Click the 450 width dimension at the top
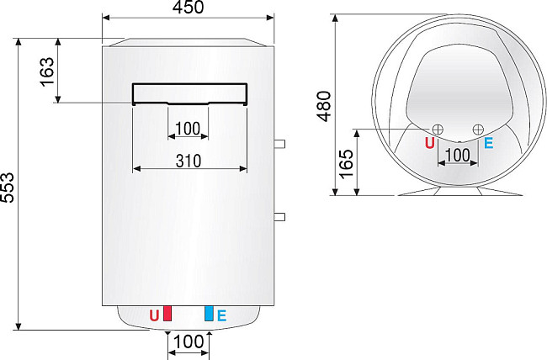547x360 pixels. (189, 8)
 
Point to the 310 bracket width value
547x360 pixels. (189, 159)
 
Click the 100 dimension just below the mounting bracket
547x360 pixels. (189, 130)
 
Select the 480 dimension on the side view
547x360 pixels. (325, 105)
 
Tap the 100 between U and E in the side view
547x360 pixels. (457, 155)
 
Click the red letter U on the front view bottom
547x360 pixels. (154, 315)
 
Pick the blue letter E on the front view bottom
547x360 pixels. (221, 315)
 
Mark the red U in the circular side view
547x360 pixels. (430, 143)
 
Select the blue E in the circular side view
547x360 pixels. (488, 143)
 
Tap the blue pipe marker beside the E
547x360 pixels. (209, 315)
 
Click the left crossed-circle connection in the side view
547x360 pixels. (438, 129)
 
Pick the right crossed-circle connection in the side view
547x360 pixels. (478, 129)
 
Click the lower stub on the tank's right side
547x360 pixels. (279, 217)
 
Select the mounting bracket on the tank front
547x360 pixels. (189, 93)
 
